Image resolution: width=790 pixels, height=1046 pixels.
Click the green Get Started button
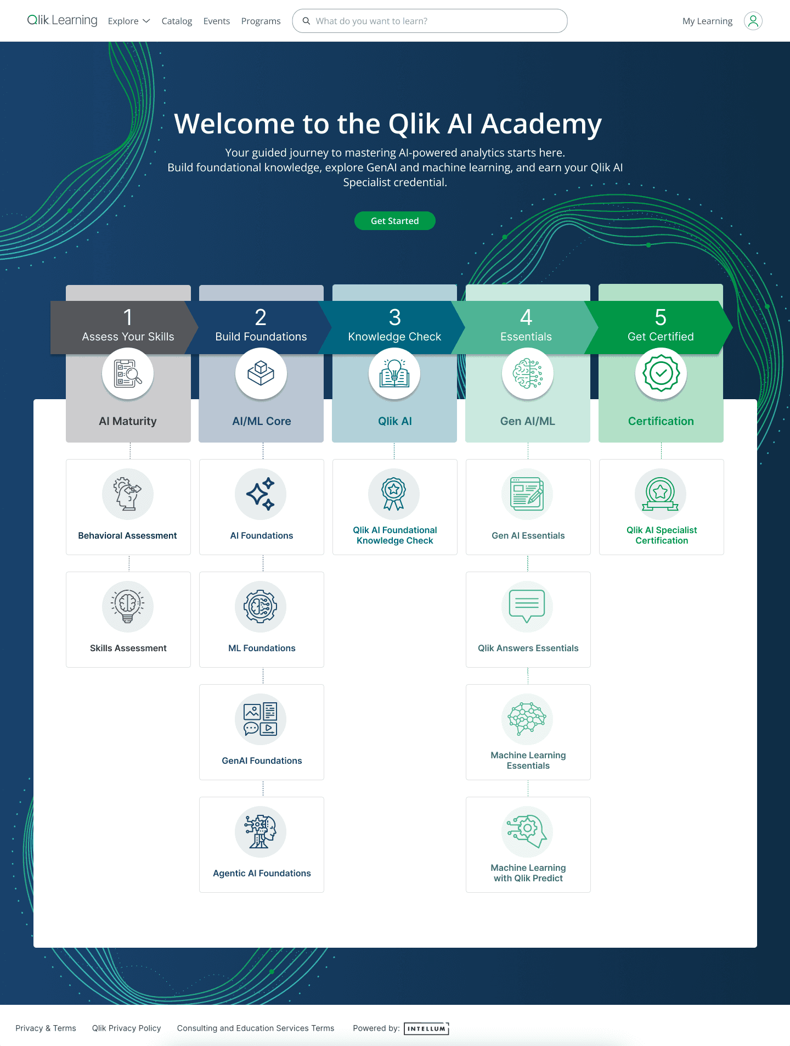click(x=394, y=221)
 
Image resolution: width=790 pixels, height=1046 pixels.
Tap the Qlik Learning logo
click(x=62, y=20)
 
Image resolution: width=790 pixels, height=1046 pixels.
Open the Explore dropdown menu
click(x=129, y=21)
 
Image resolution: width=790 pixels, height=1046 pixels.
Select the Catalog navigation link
click(x=177, y=21)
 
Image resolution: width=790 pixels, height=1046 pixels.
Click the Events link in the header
click(x=216, y=21)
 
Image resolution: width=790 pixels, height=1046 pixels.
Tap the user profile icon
click(x=753, y=21)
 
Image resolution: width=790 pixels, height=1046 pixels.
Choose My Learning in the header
click(x=707, y=21)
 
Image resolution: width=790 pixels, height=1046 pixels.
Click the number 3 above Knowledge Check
click(x=394, y=317)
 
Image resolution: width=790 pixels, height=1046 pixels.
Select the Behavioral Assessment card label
click(x=127, y=535)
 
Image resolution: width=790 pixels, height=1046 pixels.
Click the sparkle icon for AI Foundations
click(x=261, y=494)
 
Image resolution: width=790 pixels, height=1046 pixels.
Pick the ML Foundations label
click(x=262, y=648)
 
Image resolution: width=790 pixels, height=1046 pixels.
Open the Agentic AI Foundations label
click(x=262, y=873)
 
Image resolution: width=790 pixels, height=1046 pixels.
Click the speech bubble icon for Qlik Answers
click(x=527, y=606)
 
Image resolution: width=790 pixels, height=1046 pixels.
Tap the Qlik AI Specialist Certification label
click(x=662, y=535)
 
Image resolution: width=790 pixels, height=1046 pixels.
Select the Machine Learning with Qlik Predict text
click(x=528, y=873)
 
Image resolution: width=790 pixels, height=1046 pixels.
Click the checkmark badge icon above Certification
click(x=661, y=373)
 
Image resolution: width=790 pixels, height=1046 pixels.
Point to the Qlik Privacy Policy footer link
click(x=126, y=1028)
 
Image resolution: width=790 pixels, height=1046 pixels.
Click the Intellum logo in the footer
click(x=426, y=1028)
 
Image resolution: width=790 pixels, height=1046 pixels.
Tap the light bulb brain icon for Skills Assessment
click(x=127, y=606)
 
